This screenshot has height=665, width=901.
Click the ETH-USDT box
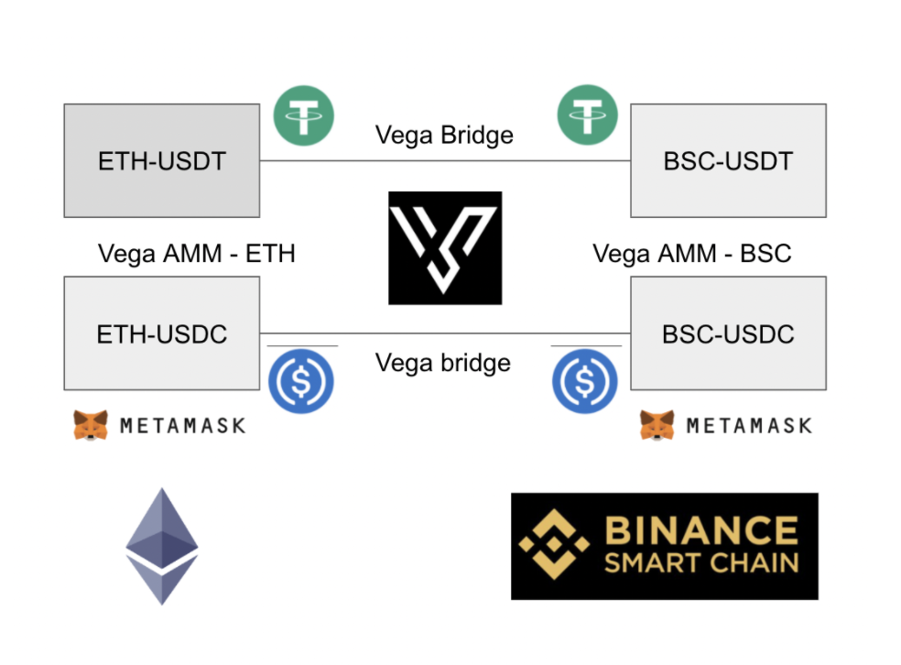click(x=161, y=161)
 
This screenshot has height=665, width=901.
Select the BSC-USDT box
click(x=728, y=161)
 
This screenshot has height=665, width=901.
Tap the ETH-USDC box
click(x=161, y=333)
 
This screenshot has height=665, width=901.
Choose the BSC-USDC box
click(x=728, y=333)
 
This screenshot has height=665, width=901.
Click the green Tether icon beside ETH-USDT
click(x=304, y=116)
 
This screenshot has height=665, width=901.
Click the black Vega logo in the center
click(x=445, y=247)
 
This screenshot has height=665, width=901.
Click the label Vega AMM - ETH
click(x=196, y=253)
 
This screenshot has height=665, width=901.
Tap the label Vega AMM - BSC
click(x=691, y=253)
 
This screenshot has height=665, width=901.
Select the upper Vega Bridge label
click(x=444, y=136)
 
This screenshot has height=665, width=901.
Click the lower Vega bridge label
click(x=443, y=363)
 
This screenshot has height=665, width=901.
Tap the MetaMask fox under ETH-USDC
click(x=91, y=425)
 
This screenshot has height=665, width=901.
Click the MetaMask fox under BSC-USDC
click(x=657, y=425)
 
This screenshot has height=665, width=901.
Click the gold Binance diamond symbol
click(x=554, y=547)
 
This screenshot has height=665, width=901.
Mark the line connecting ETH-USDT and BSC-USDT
click(x=445, y=161)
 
